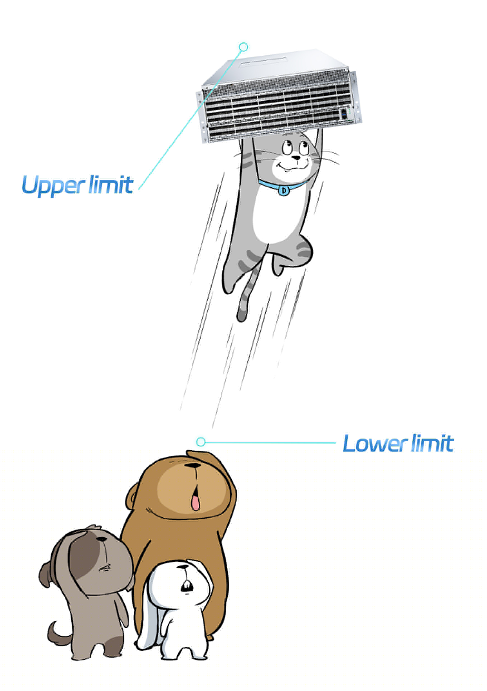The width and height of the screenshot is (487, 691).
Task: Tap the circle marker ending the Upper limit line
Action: click(244, 47)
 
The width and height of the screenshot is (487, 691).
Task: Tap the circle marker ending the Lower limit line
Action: click(201, 442)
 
